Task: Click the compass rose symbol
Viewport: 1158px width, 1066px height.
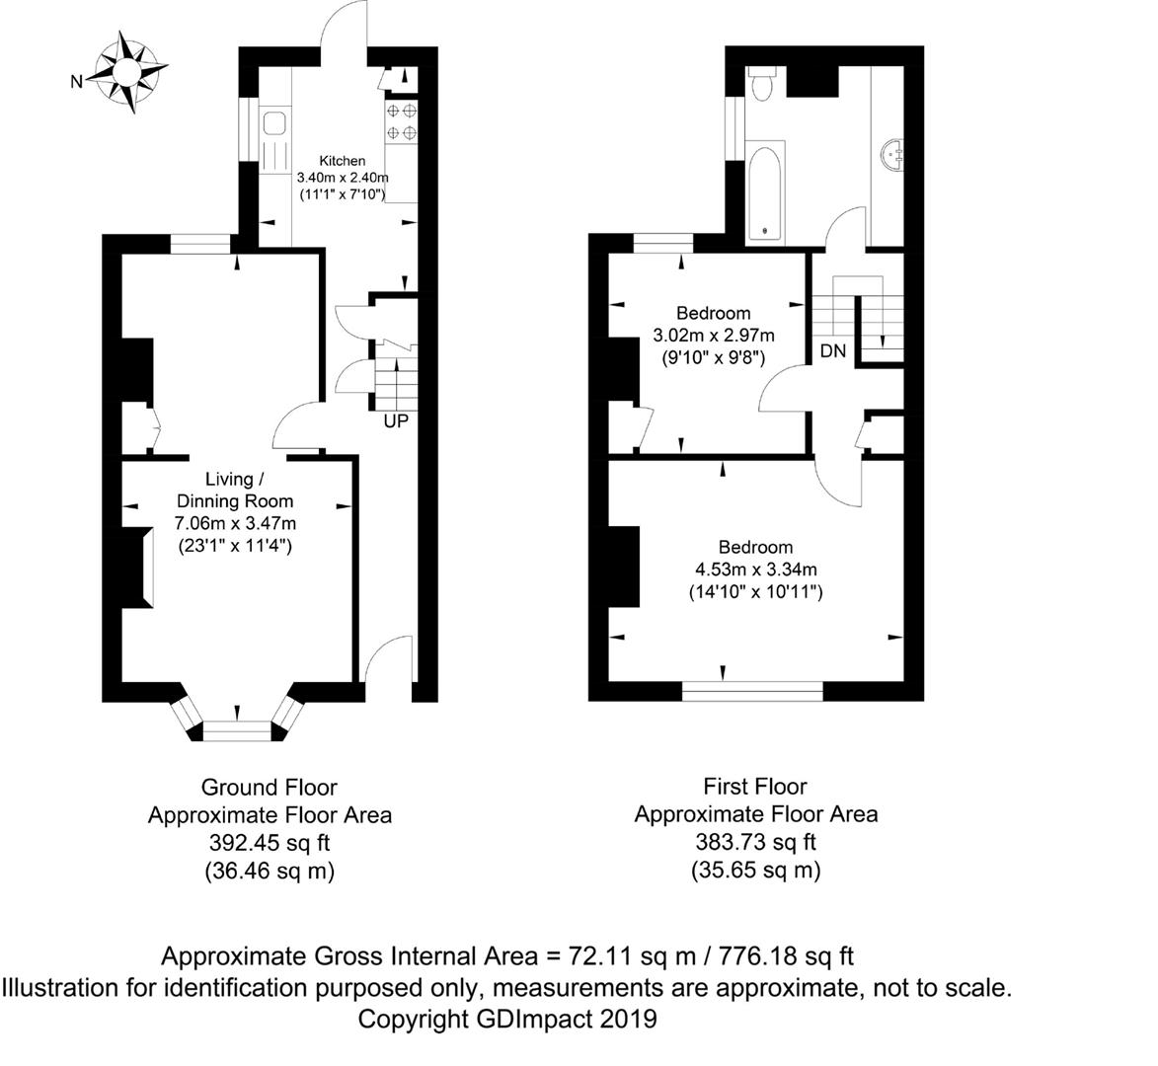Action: point(127,71)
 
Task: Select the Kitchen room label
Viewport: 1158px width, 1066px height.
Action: point(342,161)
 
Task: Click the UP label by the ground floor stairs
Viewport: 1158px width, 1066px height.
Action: point(397,421)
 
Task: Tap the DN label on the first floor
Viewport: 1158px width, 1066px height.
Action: point(832,350)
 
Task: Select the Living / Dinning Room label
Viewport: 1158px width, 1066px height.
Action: point(234,491)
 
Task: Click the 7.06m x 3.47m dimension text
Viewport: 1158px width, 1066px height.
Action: point(235,522)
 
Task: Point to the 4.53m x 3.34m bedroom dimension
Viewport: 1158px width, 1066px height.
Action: point(754,570)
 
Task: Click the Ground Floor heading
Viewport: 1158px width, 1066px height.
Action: point(269,788)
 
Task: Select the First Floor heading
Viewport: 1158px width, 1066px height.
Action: point(754,787)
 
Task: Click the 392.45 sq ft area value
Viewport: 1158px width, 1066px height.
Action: point(269,844)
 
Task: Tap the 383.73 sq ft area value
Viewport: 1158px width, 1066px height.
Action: point(754,842)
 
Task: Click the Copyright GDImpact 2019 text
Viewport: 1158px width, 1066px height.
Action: point(506,1018)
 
